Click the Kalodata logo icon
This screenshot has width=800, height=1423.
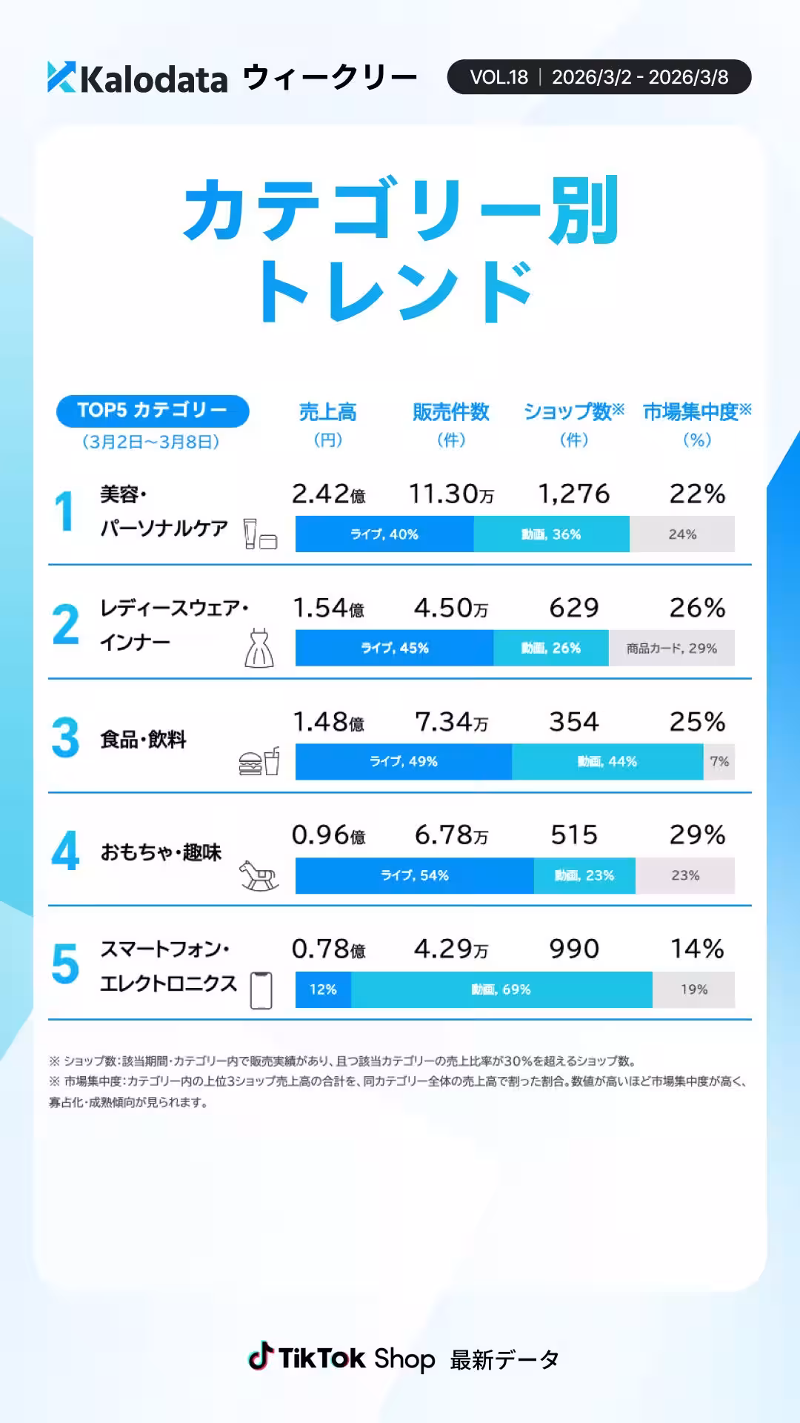[61, 77]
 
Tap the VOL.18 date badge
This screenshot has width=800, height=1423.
[599, 77]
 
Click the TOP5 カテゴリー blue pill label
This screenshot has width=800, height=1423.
[153, 411]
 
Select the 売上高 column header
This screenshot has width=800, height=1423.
[327, 412]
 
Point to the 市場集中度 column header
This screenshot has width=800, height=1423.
[696, 412]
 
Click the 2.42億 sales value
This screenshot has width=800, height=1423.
[328, 494]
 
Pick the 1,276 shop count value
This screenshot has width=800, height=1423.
[573, 494]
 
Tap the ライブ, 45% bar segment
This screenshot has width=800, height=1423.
[394, 648]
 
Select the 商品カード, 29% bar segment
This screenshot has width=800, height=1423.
[671, 648]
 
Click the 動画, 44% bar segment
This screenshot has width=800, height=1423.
[607, 762]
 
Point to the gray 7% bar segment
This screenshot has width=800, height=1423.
[719, 762]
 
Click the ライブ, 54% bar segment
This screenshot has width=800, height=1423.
[414, 875]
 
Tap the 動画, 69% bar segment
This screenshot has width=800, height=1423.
[501, 989]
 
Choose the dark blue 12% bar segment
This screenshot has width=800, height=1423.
[323, 989]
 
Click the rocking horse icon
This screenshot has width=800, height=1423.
[259, 875]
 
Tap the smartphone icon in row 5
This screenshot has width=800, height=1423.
[261, 990]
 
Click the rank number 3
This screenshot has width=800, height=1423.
[65, 737]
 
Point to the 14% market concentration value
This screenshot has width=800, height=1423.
[696, 949]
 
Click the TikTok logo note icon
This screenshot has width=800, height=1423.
[260, 1357]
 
